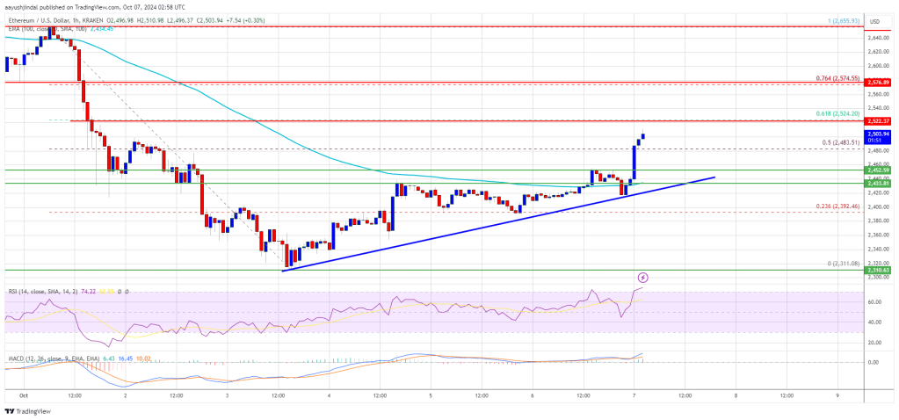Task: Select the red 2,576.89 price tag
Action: (x=880, y=82)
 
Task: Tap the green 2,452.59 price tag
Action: (x=880, y=169)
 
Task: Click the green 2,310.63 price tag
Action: (x=880, y=270)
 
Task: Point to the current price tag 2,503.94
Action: (x=880, y=135)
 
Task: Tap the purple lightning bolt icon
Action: (x=654, y=278)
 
